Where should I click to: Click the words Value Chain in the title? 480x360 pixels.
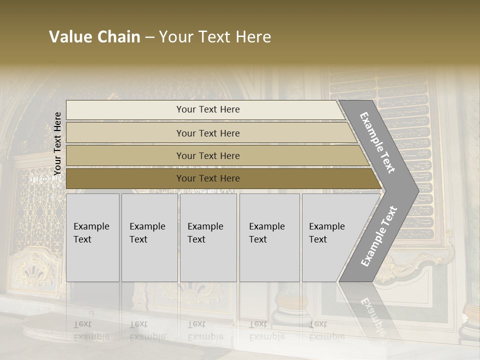[94, 37]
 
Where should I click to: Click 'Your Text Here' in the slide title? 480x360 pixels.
[215, 37]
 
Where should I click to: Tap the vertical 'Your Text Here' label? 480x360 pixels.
[57, 143]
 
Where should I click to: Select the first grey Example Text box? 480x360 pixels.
[92, 237]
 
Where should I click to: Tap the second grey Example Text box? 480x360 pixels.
[149, 237]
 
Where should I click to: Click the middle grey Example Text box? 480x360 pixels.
[208, 237]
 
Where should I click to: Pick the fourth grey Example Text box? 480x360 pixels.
[269, 237]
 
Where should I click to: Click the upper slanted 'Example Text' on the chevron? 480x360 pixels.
[377, 142]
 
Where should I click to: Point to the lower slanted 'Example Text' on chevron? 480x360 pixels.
[378, 236]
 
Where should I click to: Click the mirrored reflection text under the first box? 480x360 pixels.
[91, 330]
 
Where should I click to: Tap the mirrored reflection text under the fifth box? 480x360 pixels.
[327, 330]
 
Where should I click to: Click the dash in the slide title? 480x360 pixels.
[149, 37]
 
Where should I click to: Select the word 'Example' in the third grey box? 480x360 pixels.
[205, 226]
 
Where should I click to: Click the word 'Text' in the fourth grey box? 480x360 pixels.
[258, 239]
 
